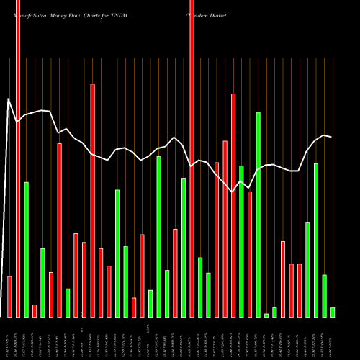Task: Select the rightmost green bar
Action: (333, 312)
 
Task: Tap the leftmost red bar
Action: (9, 297)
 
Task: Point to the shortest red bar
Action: (35, 311)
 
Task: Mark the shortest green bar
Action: (266, 315)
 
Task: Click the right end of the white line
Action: (331, 137)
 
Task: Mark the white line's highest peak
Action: (9, 99)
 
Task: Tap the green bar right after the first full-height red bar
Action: (26, 249)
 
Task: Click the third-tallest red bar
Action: (60, 230)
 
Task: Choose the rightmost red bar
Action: (300, 290)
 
